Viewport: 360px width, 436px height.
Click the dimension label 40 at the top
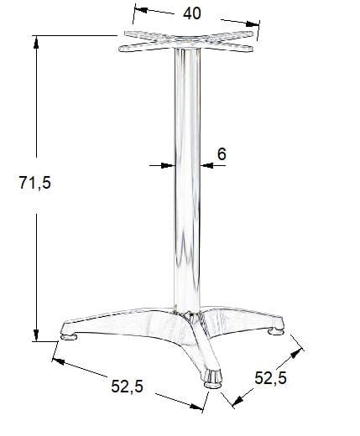pos(192,13)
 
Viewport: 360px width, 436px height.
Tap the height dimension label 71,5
pos(35,183)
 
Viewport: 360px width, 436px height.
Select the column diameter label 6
pos(222,154)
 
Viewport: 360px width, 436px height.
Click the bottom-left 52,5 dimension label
pos(127,387)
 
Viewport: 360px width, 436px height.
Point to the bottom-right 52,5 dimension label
pos(270,378)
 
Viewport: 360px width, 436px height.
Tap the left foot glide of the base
pos(69,336)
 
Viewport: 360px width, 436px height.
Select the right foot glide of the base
pos(276,331)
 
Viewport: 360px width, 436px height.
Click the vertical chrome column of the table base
pos(187,179)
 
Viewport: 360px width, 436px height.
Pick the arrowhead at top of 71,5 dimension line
pos(36,43)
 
